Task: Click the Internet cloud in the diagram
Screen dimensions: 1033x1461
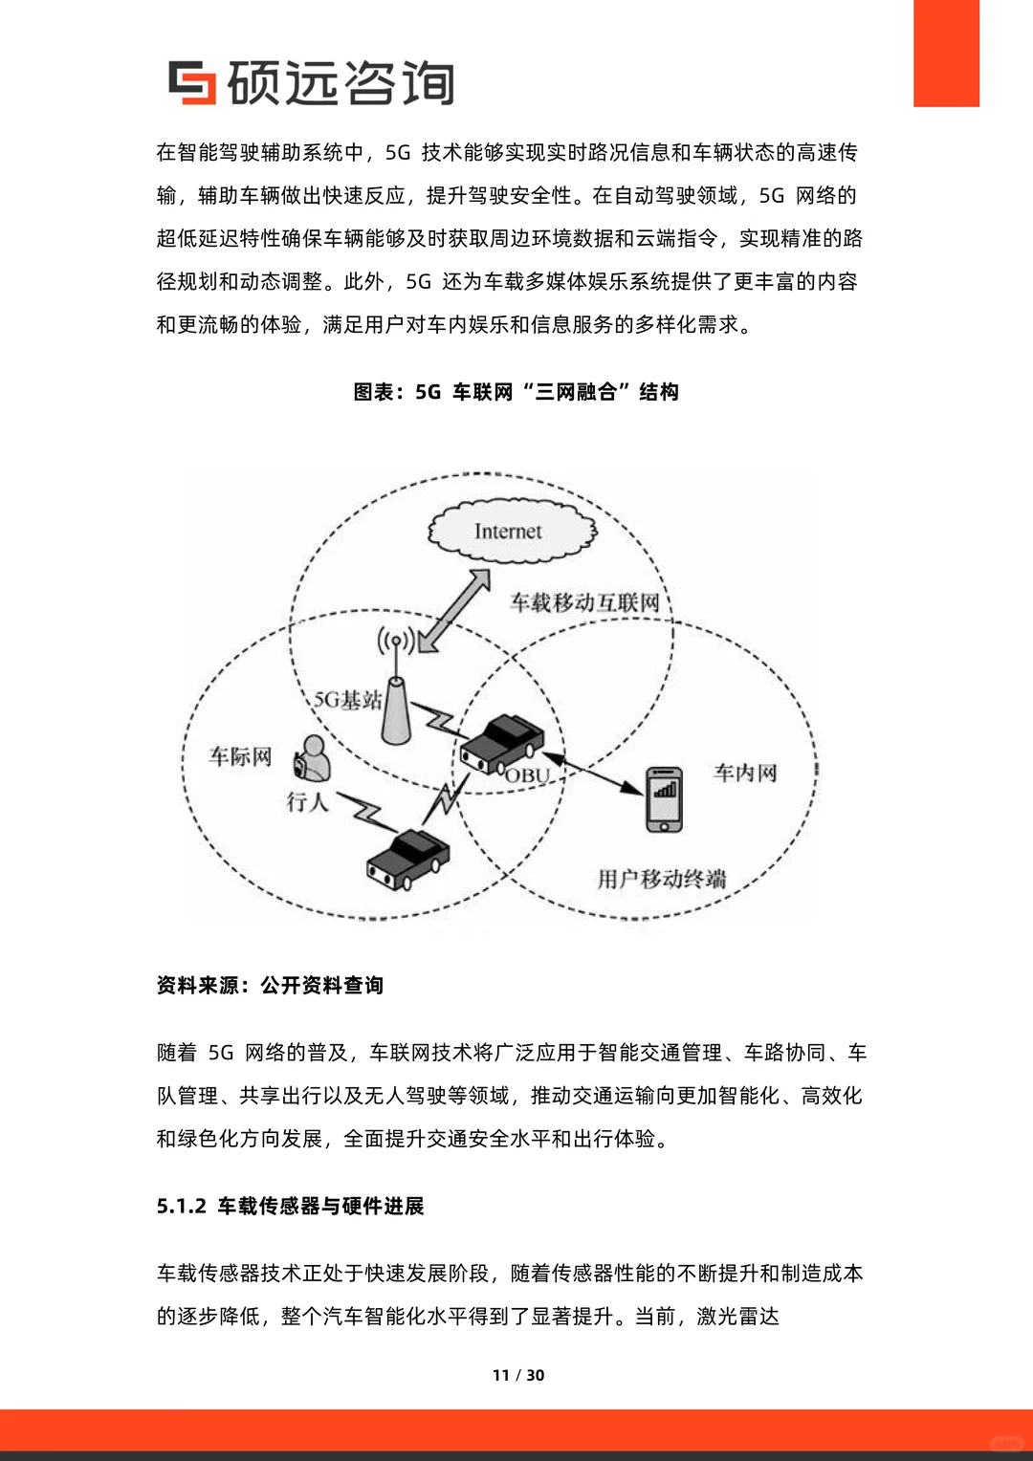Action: point(511,531)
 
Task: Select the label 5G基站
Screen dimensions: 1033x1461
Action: point(348,701)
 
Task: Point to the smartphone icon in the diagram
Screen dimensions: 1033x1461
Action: point(664,798)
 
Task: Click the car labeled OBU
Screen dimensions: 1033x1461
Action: point(502,743)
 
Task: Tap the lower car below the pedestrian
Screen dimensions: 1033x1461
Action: point(407,857)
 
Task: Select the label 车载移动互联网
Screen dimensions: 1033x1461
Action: point(584,602)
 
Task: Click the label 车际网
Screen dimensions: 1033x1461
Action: point(240,757)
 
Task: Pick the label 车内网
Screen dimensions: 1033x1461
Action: point(745,773)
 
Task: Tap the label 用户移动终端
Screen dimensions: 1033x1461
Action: point(661,879)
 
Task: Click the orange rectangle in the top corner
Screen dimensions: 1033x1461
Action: point(946,53)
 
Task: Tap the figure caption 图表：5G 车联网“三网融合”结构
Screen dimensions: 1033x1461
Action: point(516,392)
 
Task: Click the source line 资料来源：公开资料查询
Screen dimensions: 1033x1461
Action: point(270,986)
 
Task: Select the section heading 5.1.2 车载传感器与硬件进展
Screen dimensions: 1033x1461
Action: point(290,1207)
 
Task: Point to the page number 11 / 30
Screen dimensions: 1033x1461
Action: point(517,1375)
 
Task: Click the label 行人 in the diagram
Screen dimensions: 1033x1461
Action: point(307,801)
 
